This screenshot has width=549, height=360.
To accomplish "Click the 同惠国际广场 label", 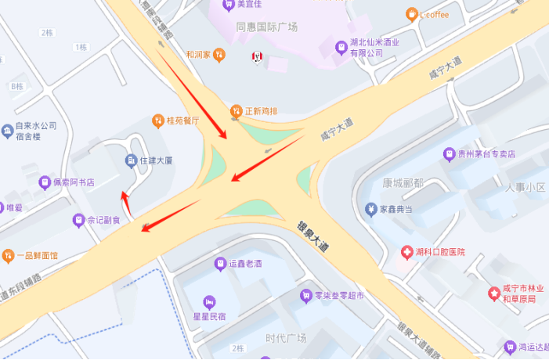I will pos(266,27).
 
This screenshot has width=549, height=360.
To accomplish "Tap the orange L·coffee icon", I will pos(411,13).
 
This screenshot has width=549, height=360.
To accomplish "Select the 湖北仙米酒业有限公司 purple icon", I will pos(341,48).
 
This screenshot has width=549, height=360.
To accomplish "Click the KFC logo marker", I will pos(256,56).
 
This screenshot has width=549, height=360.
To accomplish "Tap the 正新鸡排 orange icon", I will pos(237,111).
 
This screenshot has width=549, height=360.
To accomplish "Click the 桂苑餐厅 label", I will pos(183,121).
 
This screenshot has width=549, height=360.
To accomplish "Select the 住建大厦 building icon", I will pos(130,160).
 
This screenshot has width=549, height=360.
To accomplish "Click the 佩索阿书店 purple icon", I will pos(45,182).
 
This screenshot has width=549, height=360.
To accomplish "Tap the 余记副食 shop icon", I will pos(78,220).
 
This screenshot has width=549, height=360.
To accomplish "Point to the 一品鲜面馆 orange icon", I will pos(8,255).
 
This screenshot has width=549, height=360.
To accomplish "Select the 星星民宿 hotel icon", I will pos(209,301).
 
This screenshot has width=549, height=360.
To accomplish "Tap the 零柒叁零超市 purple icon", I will pos(306,295).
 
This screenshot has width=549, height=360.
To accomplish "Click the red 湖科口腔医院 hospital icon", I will pos(406,252).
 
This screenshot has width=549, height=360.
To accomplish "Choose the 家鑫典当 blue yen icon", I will pos(370,209).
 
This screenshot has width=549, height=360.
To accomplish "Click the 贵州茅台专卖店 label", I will pos(484,154).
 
